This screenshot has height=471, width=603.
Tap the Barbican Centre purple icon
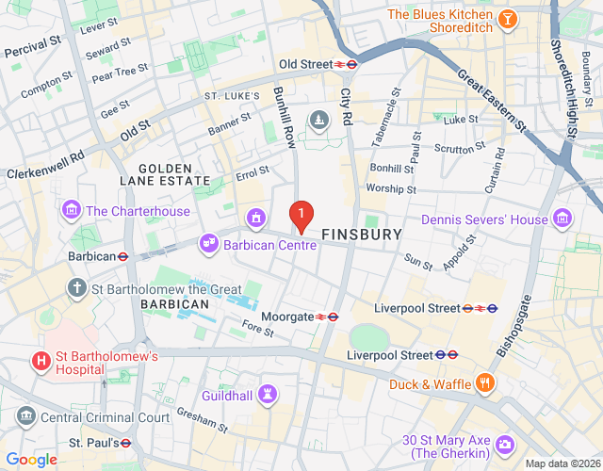(x=209, y=245)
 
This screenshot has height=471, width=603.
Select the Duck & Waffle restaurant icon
(x=486, y=383)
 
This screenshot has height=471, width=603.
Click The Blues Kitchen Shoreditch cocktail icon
(x=507, y=19)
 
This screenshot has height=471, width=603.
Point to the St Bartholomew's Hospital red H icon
(x=41, y=361)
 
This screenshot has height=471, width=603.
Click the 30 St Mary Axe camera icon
(x=506, y=442)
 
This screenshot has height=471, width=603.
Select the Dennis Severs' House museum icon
(x=562, y=219)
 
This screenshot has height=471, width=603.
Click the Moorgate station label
(x=287, y=317)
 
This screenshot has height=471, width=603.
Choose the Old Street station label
(x=305, y=64)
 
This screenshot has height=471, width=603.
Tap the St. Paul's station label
(x=92, y=442)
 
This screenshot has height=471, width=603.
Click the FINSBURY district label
(x=362, y=234)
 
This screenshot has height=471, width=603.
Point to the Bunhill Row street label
(x=285, y=117)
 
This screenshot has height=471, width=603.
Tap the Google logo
(x=30, y=459)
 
